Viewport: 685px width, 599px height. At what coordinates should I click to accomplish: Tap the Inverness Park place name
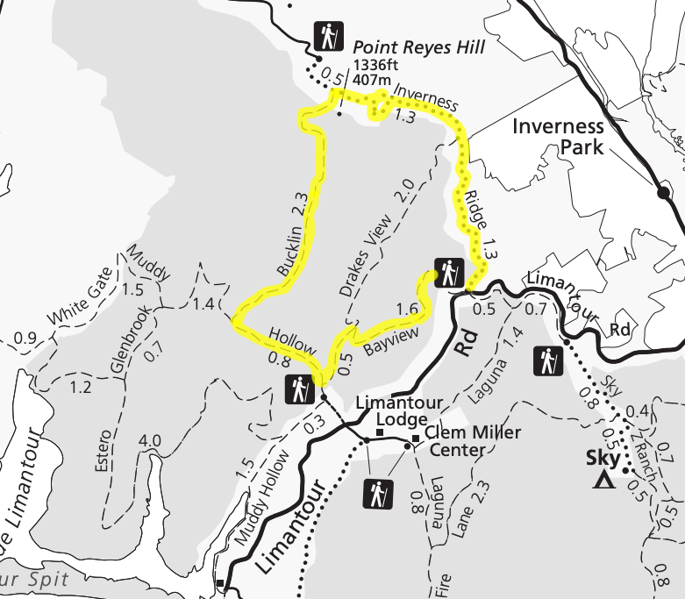[558, 135]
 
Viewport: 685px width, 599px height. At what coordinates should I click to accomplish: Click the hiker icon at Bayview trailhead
[448, 273]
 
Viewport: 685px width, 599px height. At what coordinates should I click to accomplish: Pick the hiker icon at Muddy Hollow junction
[298, 387]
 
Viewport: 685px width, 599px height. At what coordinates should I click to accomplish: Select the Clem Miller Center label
[460, 441]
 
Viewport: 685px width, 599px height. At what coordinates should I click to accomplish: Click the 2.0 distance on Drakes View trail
[404, 189]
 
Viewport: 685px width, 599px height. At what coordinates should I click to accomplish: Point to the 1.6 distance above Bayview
[407, 309]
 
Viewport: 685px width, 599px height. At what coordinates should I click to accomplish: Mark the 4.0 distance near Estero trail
[150, 440]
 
